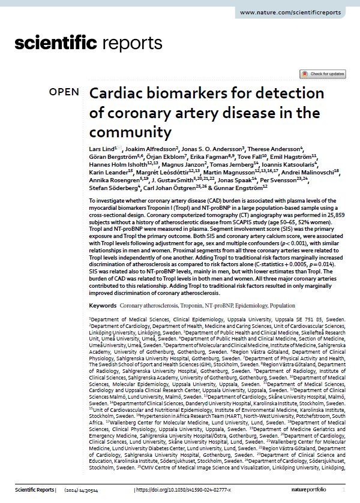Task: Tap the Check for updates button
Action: [x=323, y=74]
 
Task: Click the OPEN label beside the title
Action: [x=64, y=92]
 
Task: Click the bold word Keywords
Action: [x=102, y=305]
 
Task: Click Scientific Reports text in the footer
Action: [x=33, y=490]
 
